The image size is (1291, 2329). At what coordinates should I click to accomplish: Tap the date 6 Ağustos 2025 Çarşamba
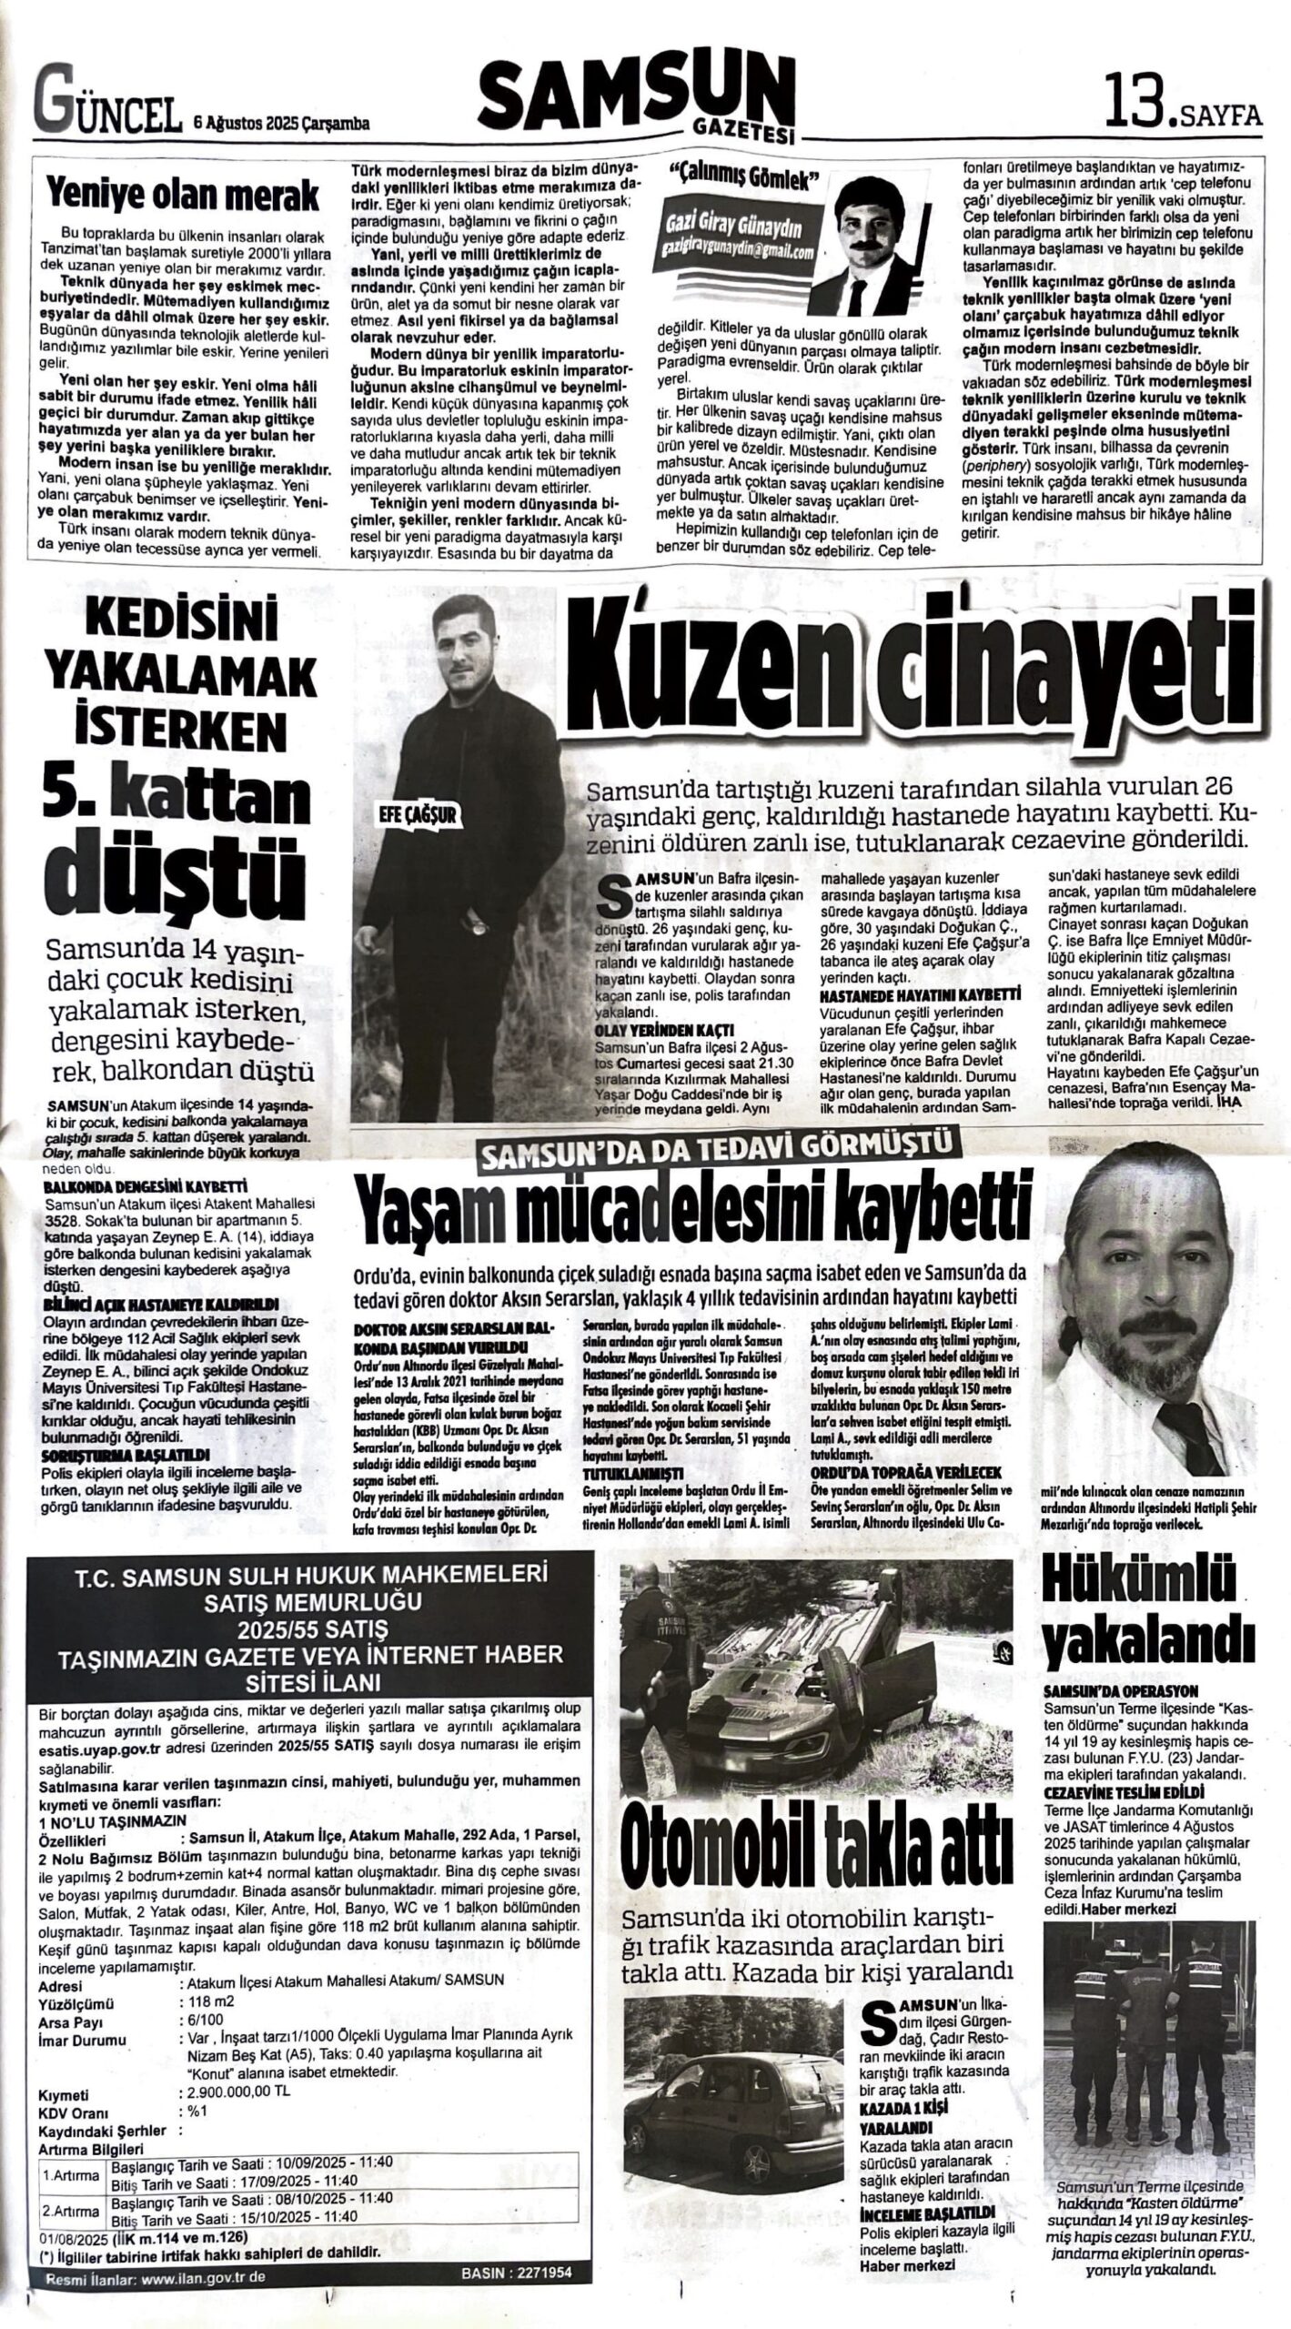280,123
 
